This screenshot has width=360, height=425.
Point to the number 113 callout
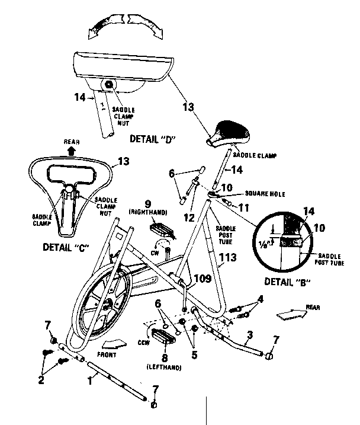pyautogui.click(x=229, y=258)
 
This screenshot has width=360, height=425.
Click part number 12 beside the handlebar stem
pyautogui.click(x=189, y=218)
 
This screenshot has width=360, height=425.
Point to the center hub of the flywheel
pyautogui.click(x=108, y=305)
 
